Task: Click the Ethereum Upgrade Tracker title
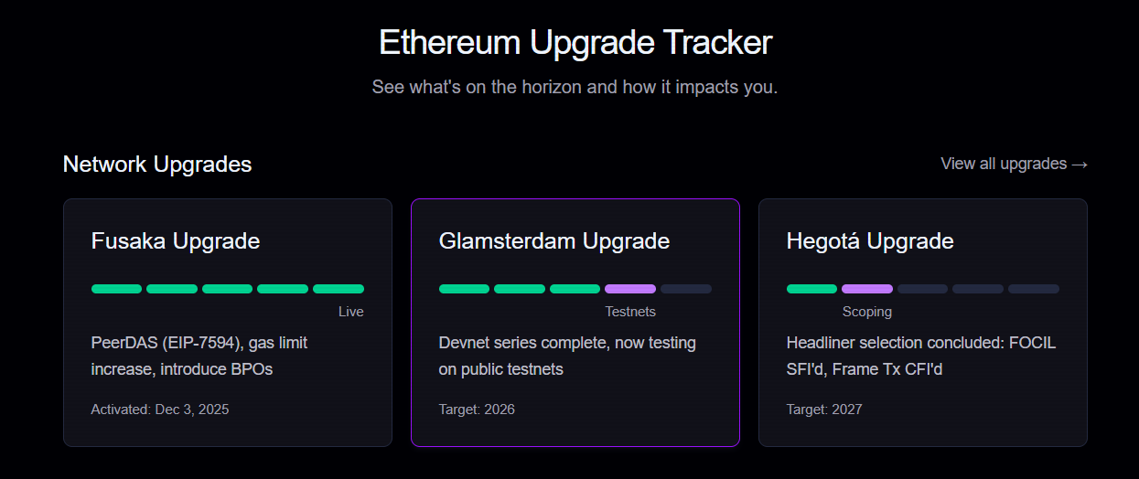[x=575, y=43]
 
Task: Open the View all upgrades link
[x=1014, y=164]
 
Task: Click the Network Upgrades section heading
[x=157, y=165]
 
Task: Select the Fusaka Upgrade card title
[x=176, y=241]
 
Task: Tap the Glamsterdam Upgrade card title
[x=554, y=241]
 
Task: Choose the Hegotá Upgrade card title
[x=870, y=241]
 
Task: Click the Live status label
[x=351, y=312]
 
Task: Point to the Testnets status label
[x=630, y=312]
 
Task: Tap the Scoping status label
[x=867, y=312]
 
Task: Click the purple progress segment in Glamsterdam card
[x=630, y=289]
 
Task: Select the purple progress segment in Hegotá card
[x=867, y=289]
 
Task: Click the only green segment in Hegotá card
[x=811, y=289]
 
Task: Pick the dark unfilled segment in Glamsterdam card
[x=686, y=289]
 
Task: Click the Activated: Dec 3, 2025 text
[x=160, y=410]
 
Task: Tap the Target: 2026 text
[x=477, y=410]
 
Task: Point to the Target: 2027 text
[x=824, y=410]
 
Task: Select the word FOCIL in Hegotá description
[x=1032, y=343]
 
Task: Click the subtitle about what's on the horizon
[x=575, y=88]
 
